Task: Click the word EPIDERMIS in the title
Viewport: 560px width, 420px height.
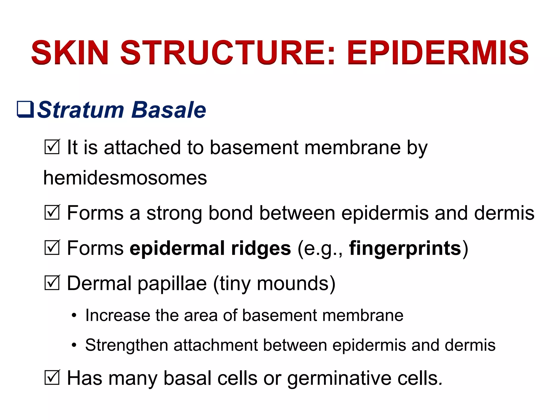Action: (437, 52)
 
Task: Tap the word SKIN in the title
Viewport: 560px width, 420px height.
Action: (70, 52)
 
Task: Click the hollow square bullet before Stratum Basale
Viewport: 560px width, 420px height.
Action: (25, 109)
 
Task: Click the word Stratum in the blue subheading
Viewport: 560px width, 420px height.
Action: (81, 110)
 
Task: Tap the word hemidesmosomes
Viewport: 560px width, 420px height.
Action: (125, 178)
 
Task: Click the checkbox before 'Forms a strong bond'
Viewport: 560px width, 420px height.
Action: (52, 212)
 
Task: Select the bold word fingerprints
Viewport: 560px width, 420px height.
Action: (405, 248)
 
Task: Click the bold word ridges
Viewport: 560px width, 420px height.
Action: (261, 248)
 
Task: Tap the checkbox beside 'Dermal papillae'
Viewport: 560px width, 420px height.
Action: (52, 283)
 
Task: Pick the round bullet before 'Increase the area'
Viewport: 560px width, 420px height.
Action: (74, 316)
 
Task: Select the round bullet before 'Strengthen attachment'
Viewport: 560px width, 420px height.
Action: (74, 345)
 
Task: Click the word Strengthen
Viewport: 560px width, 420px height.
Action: (126, 345)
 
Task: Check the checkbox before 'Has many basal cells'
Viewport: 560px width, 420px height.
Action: (52, 378)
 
